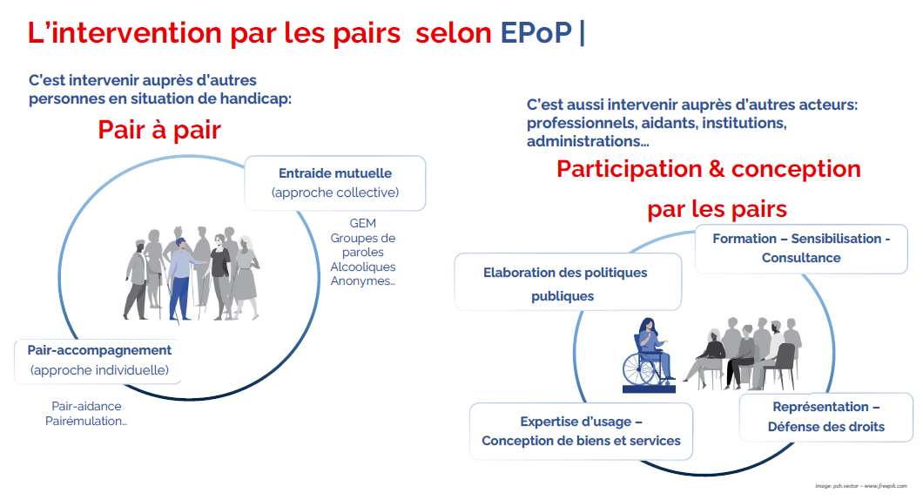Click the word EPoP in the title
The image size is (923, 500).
[536, 32]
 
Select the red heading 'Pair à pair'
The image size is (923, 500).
[159, 130]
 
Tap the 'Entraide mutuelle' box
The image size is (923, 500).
[335, 183]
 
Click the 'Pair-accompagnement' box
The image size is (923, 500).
[98, 361]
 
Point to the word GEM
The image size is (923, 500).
[362, 223]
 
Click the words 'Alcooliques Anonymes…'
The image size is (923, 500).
[362, 274]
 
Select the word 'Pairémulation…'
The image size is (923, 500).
[86, 421]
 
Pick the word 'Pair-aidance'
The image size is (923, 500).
[86, 407]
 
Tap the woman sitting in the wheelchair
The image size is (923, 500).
[651, 348]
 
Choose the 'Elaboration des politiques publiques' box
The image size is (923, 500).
[568, 282]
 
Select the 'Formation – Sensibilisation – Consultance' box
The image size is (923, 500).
[801, 248]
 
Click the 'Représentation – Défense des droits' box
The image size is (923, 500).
[825, 417]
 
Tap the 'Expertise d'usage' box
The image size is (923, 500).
[581, 431]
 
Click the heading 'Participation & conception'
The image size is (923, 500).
[709, 169]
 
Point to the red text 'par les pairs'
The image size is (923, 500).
[717, 209]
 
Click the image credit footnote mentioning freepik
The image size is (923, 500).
[861, 486]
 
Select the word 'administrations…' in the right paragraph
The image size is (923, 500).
[588, 141]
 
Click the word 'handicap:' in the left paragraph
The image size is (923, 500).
[255, 99]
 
